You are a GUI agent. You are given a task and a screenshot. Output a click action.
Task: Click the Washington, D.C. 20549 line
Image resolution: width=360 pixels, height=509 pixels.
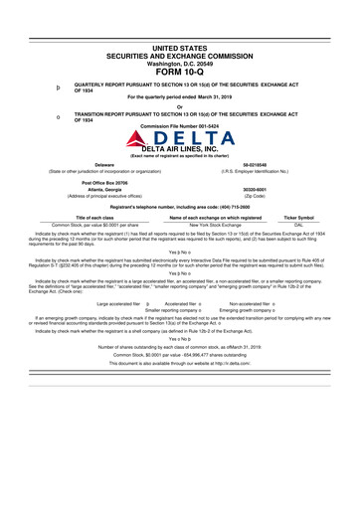tap(180, 62)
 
